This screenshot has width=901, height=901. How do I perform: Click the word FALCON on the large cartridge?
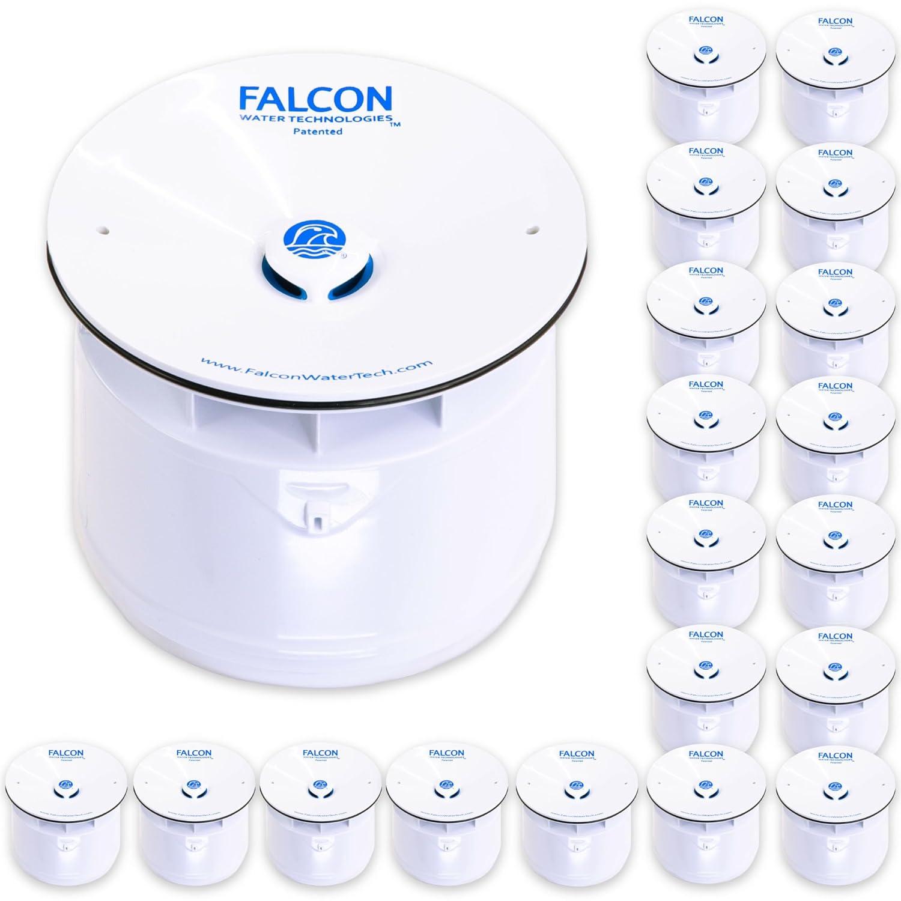(315, 98)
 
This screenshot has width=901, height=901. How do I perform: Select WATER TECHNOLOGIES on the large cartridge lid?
(316, 120)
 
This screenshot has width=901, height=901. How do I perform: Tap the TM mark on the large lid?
(395, 126)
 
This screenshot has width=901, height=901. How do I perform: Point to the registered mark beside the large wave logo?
(342, 255)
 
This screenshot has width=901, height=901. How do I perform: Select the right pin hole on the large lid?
(531, 229)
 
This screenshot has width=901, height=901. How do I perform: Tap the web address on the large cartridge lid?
(317, 368)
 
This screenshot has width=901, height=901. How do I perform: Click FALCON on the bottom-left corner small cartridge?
(66, 753)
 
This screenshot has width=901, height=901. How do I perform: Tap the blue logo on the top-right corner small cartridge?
(834, 52)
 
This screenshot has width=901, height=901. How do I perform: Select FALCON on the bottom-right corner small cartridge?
(835, 756)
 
